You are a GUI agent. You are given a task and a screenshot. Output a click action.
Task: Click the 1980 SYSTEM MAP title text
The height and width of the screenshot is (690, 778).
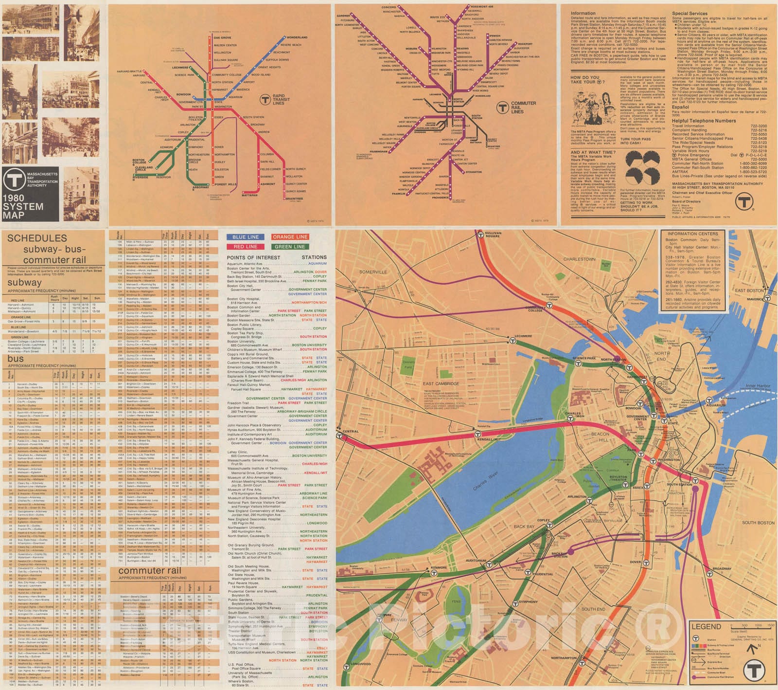click(x=22, y=206)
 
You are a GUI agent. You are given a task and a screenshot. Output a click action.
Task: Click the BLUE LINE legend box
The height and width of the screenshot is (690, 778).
click(x=245, y=237)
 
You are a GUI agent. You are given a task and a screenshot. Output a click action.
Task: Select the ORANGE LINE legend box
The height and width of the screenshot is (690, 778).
click(x=290, y=237)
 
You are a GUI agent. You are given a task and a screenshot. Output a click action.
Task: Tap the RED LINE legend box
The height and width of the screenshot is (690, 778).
click(x=245, y=247)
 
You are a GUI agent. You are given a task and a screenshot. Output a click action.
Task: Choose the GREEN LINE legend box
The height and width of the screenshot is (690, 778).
click(x=290, y=247)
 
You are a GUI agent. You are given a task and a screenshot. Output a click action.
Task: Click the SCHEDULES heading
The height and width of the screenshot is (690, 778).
click(x=37, y=238)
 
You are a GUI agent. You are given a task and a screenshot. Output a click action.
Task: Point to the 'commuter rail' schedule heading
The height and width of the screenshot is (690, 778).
click(x=149, y=570)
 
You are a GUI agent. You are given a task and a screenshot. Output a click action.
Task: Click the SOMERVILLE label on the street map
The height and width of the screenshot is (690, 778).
click(x=373, y=272)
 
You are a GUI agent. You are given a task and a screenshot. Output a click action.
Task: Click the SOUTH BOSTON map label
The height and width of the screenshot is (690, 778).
click(x=758, y=523)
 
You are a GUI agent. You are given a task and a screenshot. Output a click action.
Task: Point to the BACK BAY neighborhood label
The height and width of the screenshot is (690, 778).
click(x=524, y=527)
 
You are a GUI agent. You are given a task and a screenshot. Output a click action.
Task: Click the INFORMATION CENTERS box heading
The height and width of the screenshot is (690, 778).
click(x=692, y=234)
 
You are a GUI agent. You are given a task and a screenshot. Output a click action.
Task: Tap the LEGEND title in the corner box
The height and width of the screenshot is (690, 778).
click(x=706, y=627)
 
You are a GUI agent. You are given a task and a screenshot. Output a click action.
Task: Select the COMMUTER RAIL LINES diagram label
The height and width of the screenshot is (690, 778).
click(x=523, y=107)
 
